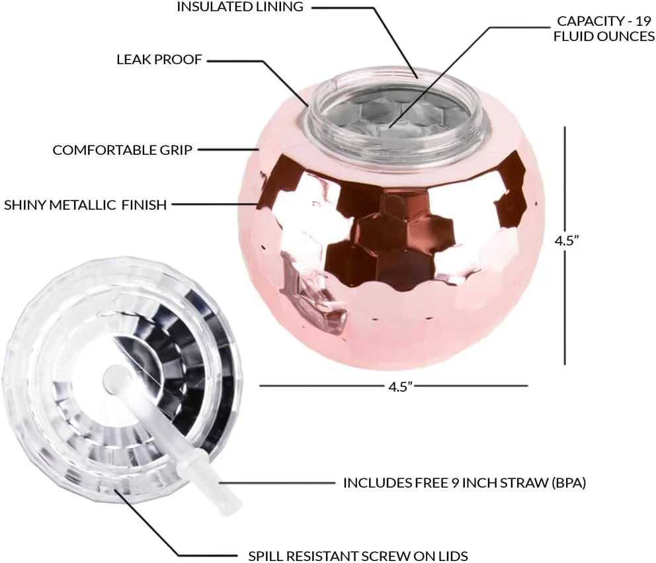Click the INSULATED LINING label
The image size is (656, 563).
pyautogui.click(x=241, y=7)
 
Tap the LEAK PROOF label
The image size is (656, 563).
pyautogui.click(x=159, y=60)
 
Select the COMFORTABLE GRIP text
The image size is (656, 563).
pyautogui.click(x=122, y=150)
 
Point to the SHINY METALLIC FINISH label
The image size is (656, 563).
pyautogui.click(x=85, y=205)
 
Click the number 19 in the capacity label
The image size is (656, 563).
pyautogui.click(x=643, y=21)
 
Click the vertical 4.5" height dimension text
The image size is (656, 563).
pyautogui.click(x=567, y=241)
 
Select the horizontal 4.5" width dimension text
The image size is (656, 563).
pyautogui.click(x=397, y=386)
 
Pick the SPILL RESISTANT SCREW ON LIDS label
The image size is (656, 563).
pyautogui.click(x=358, y=556)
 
